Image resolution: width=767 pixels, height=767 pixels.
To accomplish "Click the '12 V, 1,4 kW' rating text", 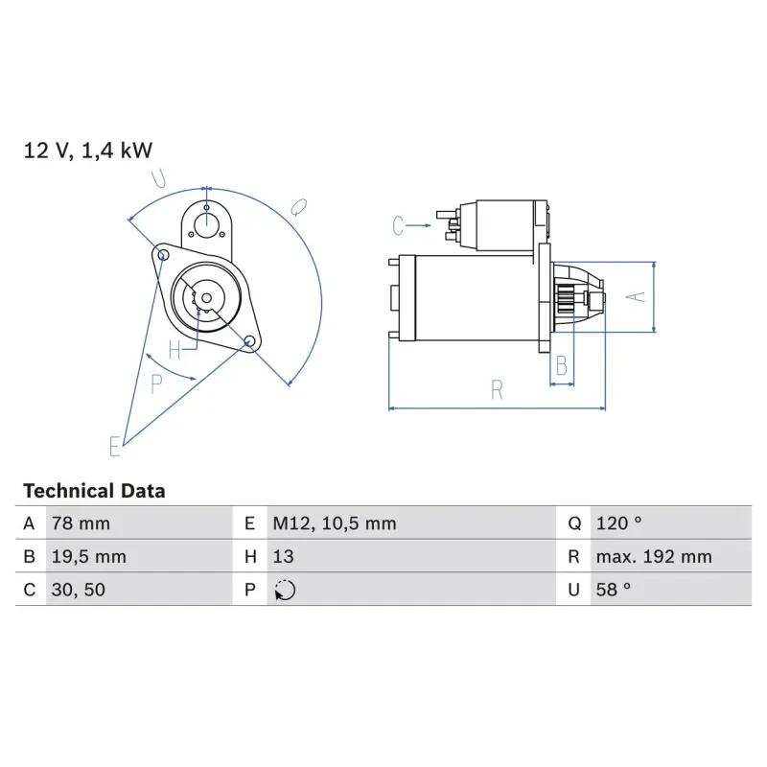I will [87, 151].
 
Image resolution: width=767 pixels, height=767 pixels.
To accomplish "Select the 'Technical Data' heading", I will [94, 491].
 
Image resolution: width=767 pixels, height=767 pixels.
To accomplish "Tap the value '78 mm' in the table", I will [80, 523].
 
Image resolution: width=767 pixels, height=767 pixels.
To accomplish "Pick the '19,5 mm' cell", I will [87, 557].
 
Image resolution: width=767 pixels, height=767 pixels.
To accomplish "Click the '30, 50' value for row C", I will [78, 591].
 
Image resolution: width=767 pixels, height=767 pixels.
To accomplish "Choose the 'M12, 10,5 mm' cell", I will [334, 523].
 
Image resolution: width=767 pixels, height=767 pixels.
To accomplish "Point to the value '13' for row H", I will [283, 557].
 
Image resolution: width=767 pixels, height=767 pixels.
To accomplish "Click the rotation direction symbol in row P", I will [285, 591].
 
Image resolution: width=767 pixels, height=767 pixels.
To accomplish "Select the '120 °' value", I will [617, 523].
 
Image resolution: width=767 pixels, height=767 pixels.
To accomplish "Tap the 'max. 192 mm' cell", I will [653, 557].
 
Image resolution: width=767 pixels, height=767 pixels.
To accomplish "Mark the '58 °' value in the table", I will [613, 591].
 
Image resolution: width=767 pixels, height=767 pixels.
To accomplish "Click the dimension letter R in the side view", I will [497, 389].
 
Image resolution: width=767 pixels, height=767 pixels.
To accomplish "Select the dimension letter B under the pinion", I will [562, 365].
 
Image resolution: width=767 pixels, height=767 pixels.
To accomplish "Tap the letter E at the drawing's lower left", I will [115, 445].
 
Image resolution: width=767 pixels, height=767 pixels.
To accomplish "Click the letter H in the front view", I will [174, 350].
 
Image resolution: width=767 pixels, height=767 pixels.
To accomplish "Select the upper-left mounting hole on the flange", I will [164, 254].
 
